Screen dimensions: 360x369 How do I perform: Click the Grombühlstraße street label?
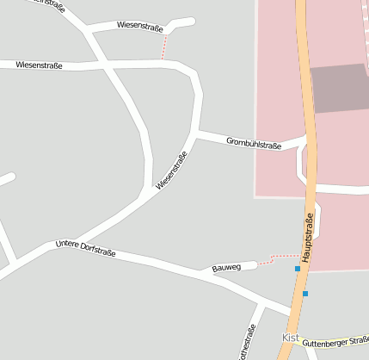[x=254, y=143]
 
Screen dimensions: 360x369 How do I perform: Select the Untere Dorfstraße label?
[x=85, y=249]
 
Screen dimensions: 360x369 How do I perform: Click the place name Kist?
[x=292, y=338]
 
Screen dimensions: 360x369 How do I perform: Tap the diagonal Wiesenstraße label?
[x=171, y=171]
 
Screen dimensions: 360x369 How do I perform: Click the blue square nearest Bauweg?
[x=298, y=269]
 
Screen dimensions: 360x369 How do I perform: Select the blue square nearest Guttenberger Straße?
[x=304, y=294]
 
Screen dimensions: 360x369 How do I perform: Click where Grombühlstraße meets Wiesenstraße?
[x=198, y=133]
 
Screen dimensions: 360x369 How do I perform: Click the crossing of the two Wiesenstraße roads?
[x=102, y=65]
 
